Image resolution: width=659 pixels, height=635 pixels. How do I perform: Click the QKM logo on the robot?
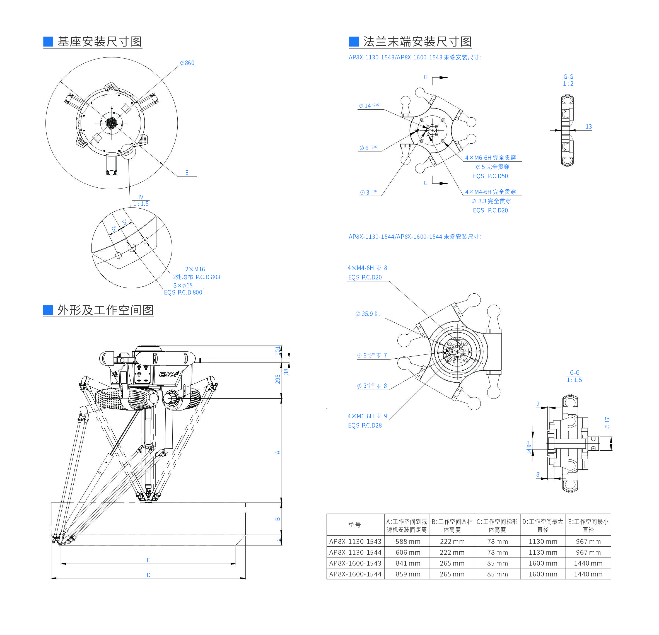coord(168,375)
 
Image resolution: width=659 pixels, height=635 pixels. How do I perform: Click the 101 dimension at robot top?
coord(278,351)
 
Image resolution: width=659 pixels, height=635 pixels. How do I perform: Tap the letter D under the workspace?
coord(149,575)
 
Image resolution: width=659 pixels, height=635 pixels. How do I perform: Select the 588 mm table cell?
coord(407,542)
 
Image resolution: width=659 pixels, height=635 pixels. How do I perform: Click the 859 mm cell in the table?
coord(407,574)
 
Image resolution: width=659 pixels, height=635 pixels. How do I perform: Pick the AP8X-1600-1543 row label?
coord(355,563)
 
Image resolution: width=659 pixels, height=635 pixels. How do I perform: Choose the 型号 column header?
coord(355,524)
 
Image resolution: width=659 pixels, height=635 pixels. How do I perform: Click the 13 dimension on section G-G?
coord(588,127)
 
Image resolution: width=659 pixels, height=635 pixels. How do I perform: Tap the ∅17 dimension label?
coord(607,422)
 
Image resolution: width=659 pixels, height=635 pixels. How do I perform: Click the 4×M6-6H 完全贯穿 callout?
coord(490,158)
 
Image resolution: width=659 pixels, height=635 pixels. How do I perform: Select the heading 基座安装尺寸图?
coord(100,42)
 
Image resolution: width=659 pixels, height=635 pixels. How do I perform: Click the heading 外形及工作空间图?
coord(105,310)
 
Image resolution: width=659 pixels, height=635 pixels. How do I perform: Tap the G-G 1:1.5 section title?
coord(574,376)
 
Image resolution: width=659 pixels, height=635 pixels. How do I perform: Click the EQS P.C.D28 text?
coord(365,425)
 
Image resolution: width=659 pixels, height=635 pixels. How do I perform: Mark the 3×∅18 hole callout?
coord(183,285)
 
